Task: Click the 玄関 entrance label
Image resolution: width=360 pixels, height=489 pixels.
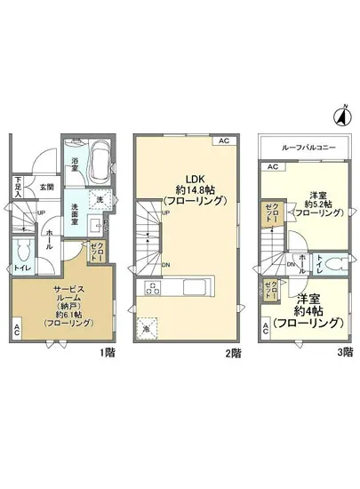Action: coord(46,188)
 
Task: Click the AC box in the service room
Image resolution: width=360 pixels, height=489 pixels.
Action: coord(18,330)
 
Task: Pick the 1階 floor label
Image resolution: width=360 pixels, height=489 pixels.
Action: coord(106,352)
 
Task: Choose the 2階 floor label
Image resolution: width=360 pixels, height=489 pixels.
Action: coord(232,352)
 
